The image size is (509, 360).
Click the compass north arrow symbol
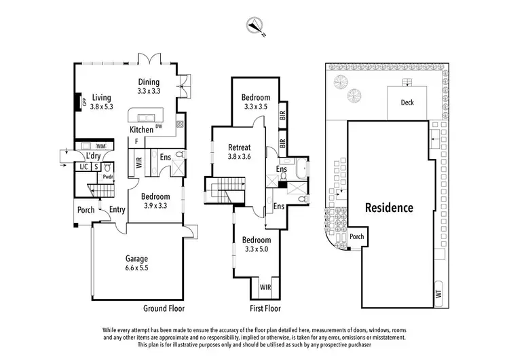point(256,25)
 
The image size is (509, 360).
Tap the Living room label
point(102,102)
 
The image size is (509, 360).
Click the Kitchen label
point(141,130)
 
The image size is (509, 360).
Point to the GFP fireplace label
point(85,103)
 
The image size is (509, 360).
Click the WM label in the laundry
point(100,146)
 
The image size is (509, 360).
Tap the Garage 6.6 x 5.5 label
point(136,263)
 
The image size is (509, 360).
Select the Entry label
point(117,210)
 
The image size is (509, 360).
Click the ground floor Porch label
point(86,210)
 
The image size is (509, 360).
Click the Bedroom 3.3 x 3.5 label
point(256,102)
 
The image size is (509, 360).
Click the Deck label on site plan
point(407,103)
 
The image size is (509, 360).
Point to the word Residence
point(389,208)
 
